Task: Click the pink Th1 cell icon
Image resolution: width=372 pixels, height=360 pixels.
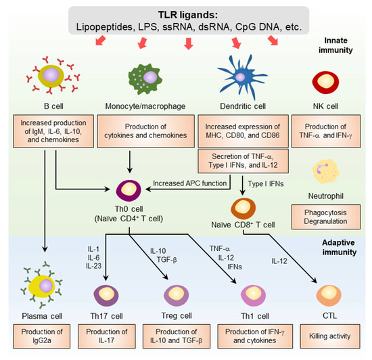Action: pos(246,295)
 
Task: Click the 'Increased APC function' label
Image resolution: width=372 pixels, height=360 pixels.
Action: pos(188,183)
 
